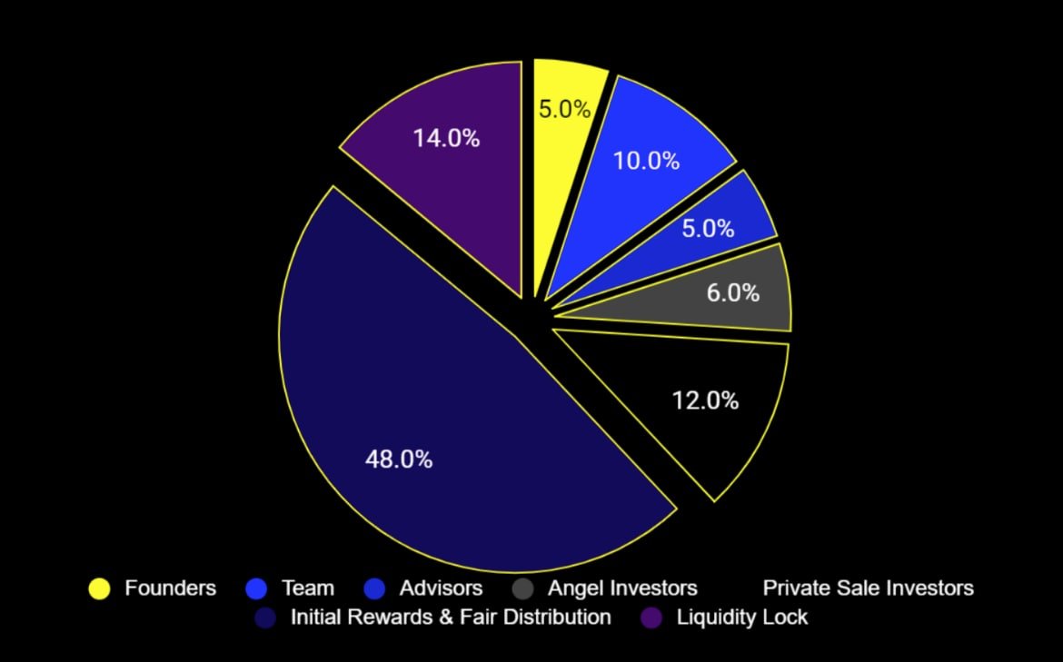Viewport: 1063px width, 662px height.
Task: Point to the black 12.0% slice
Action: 690,427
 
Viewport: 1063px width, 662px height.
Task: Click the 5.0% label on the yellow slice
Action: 564,110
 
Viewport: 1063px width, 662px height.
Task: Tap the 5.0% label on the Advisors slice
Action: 708,228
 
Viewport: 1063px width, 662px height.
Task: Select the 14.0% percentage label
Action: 446,139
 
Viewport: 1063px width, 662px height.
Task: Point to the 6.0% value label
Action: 732,293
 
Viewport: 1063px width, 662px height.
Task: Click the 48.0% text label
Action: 399,459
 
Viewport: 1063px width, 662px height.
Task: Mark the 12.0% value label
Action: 705,400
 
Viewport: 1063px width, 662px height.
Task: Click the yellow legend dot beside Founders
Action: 99,588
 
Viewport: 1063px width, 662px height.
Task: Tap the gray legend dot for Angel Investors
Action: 522,588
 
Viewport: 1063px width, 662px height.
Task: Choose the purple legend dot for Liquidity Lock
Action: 651,618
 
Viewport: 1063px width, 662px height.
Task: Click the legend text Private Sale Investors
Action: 868,588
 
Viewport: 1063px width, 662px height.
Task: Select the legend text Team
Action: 307,588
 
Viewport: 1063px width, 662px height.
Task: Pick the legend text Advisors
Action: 441,588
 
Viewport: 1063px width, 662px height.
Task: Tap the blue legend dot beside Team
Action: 256,588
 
